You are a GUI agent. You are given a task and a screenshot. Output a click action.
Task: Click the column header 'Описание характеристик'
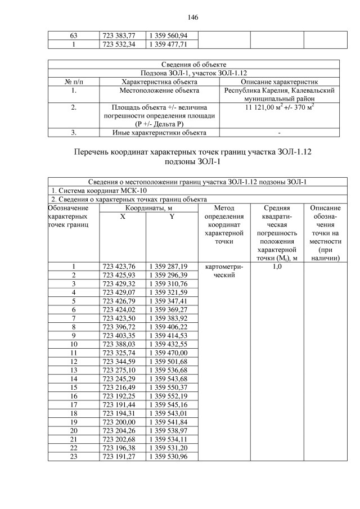click(280, 82)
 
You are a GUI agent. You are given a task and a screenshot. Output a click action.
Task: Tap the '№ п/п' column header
click(74, 82)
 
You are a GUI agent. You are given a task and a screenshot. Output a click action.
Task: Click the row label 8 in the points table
click(74, 326)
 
